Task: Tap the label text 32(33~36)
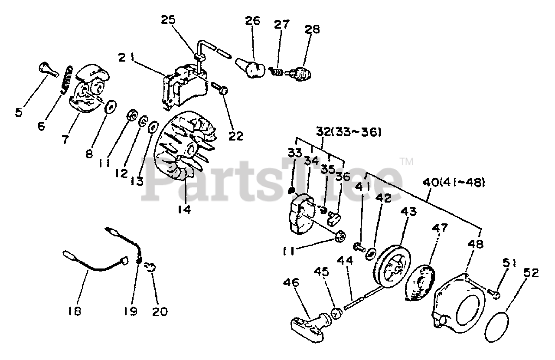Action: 349,131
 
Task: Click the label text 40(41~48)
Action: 453,183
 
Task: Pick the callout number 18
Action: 75,311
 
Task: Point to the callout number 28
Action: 312,30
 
